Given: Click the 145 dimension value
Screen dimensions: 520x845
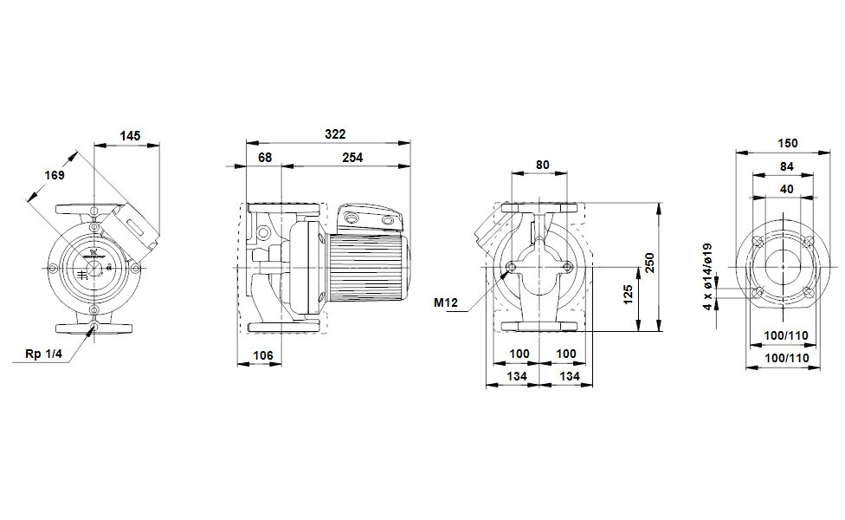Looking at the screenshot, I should coord(130,136).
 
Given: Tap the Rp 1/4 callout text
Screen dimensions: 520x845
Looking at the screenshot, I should coord(43,354).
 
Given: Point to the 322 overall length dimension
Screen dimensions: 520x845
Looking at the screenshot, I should coord(335,133).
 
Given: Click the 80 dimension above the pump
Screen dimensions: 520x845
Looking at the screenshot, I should coord(543,164).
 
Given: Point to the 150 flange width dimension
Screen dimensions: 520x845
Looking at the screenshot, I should coord(787,143).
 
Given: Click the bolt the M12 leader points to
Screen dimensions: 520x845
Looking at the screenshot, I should coord(512,267).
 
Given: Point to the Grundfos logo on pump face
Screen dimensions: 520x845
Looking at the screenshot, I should coord(91,255).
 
